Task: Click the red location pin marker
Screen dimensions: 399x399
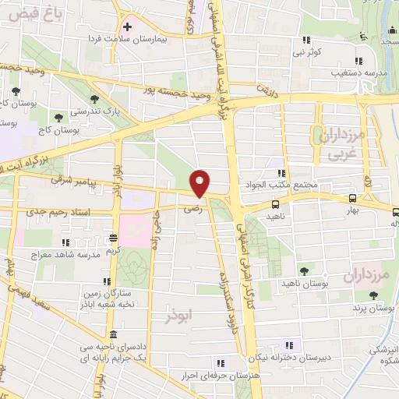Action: [x=201, y=183]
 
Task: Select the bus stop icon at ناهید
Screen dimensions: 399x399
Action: [x=276, y=204]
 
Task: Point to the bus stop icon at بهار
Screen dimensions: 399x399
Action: [x=353, y=199]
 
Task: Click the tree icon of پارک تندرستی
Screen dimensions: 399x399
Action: [x=95, y=99]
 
